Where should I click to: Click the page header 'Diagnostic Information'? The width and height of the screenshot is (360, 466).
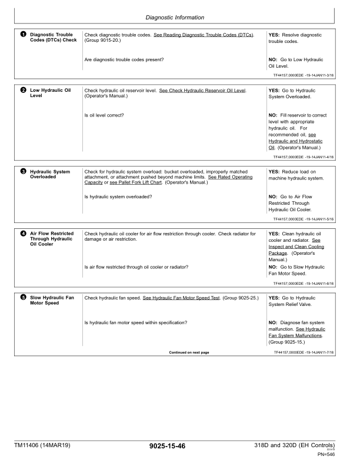[180, 18]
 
